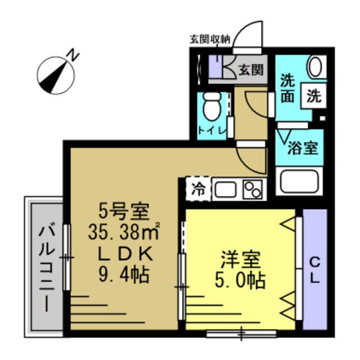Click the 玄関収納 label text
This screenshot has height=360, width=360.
point(210,39)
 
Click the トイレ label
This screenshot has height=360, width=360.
point(212,131)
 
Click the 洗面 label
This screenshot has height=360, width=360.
point(287,88)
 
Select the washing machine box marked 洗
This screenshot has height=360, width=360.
point(314,95)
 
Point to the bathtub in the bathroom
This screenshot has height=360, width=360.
point(300,181)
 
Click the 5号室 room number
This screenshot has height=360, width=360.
point(124,211)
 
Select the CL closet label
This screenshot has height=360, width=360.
point(315,269)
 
